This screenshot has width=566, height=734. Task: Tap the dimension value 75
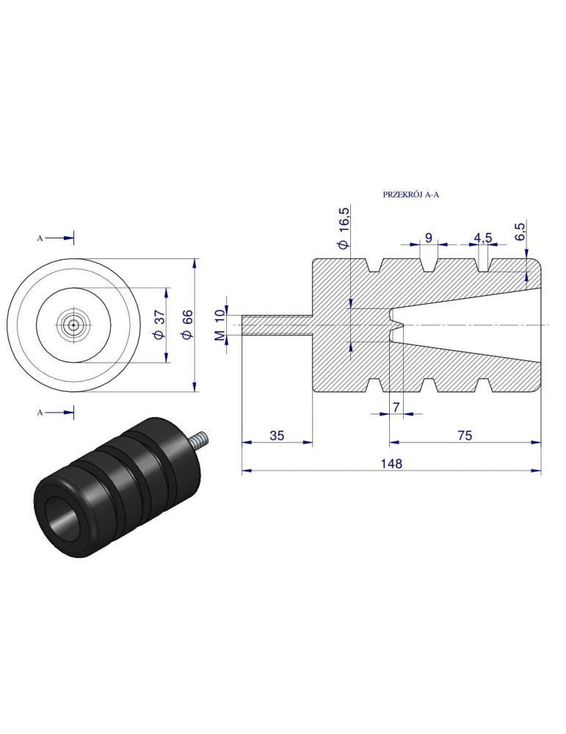tap(464, 435)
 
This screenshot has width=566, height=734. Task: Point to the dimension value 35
tap(277, 435)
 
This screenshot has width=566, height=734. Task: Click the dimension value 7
tap(396, 406)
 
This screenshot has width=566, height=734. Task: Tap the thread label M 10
tap(218, 325)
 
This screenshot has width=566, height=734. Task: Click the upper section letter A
tap(40, 238)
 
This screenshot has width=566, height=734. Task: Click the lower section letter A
tap(40, 413)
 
